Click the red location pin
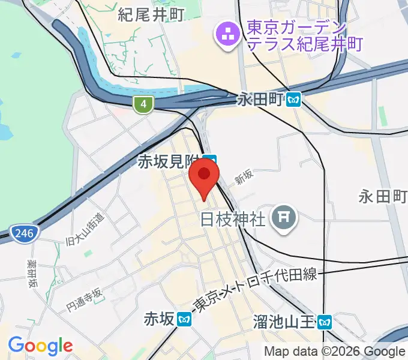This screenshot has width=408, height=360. (x=204, y=178)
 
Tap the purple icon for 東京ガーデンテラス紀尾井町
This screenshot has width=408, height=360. (x=227, y=36)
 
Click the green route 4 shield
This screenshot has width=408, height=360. (x=142, y=104)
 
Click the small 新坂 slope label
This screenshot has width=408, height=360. (x=244, y=177)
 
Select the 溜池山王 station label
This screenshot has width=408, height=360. (x=284, y=322)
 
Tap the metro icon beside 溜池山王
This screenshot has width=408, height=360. (x=324, y=322)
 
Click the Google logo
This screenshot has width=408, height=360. (x=40, y=346)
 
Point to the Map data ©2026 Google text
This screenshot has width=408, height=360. (x=335, y=352)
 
